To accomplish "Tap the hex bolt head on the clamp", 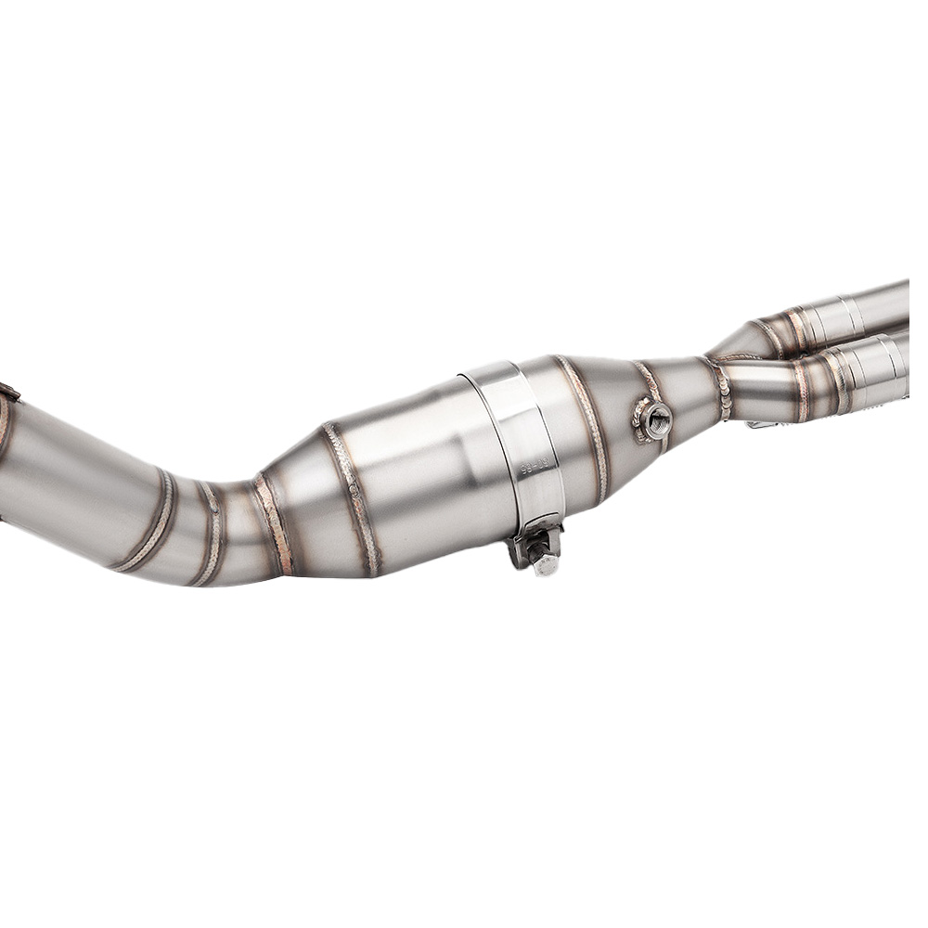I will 545,562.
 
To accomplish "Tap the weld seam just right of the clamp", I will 583,422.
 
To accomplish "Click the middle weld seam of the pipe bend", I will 212,534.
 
